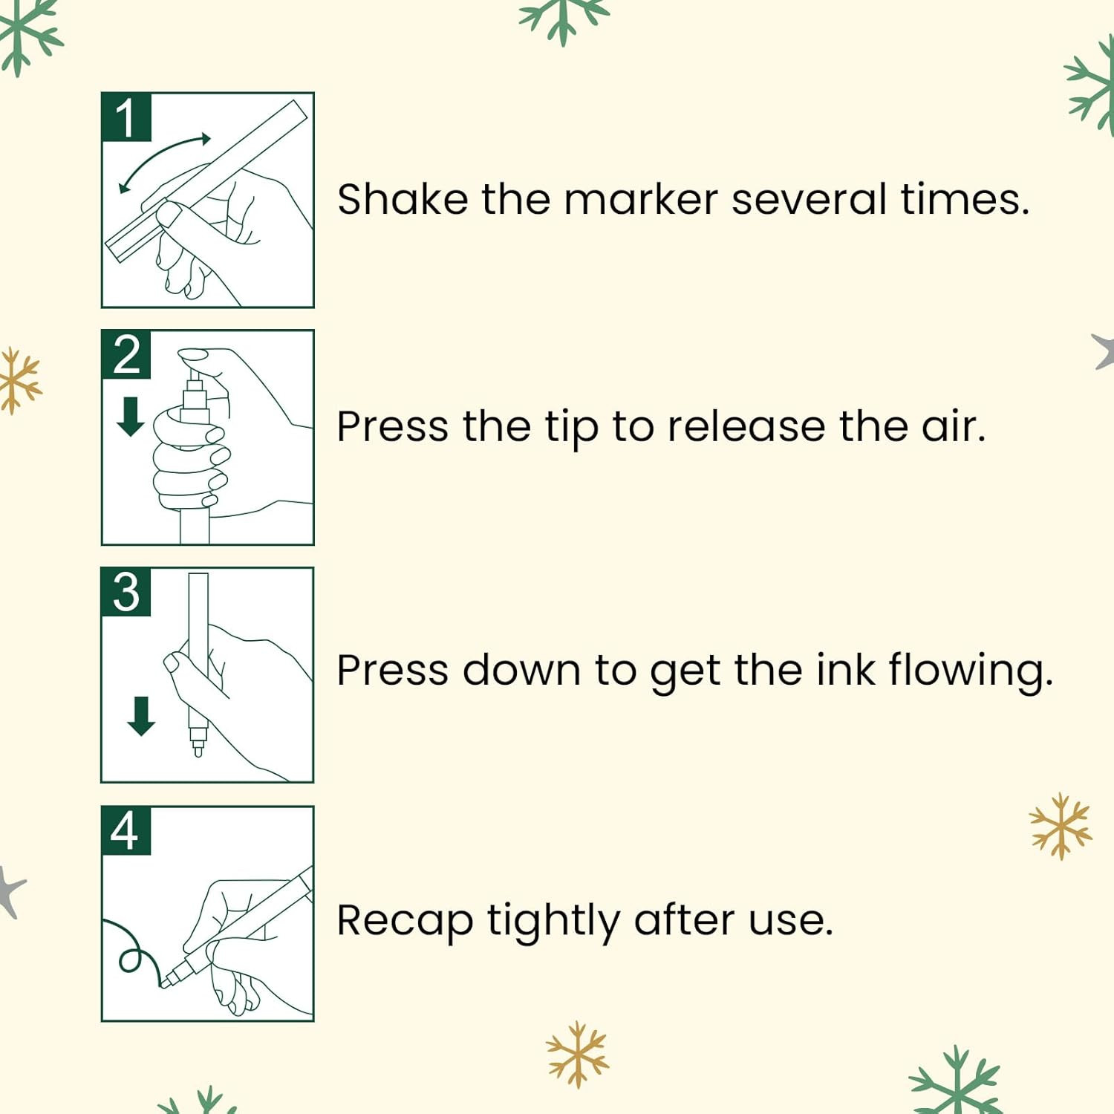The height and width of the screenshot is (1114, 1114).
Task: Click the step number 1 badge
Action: pos(126,117)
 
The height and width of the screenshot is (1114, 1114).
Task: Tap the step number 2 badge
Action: pos(126,355)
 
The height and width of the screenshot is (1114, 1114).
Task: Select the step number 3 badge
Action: pos(126,592)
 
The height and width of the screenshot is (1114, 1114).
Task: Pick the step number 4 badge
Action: pos(126,830)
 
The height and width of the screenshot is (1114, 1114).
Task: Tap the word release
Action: pos(746,426)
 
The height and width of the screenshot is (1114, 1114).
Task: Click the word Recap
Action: pos(405,921)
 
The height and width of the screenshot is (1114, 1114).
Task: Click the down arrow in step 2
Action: pos(131,416)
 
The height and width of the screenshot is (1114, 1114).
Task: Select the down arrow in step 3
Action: pos(141,716)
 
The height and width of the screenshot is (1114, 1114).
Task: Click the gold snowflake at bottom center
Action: pos(578,1055)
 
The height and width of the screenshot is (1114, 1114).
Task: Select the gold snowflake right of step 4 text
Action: pos(1061,826)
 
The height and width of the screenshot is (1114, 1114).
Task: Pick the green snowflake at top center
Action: pos(564,16)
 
